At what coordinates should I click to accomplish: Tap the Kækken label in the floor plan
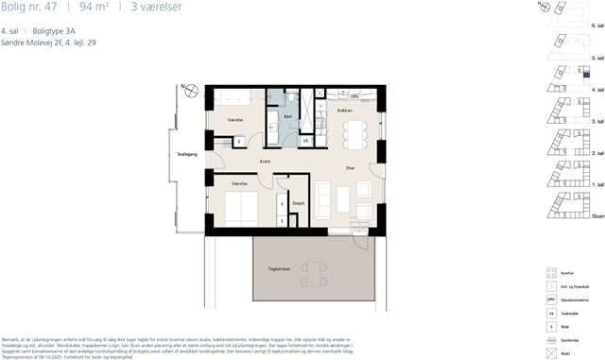(345, 111)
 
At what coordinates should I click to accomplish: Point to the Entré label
(266, 162)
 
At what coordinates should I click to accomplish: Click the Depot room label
(298, 203)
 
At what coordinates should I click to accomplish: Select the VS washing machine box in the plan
(305, 141)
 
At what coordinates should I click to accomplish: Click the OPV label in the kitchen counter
(354, 96)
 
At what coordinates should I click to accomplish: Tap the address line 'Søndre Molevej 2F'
(34, 43)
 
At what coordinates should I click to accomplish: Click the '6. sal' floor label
(597, 22)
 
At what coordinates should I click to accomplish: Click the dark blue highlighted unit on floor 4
(585, 74)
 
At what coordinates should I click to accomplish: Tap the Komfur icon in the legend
(552, 272)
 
